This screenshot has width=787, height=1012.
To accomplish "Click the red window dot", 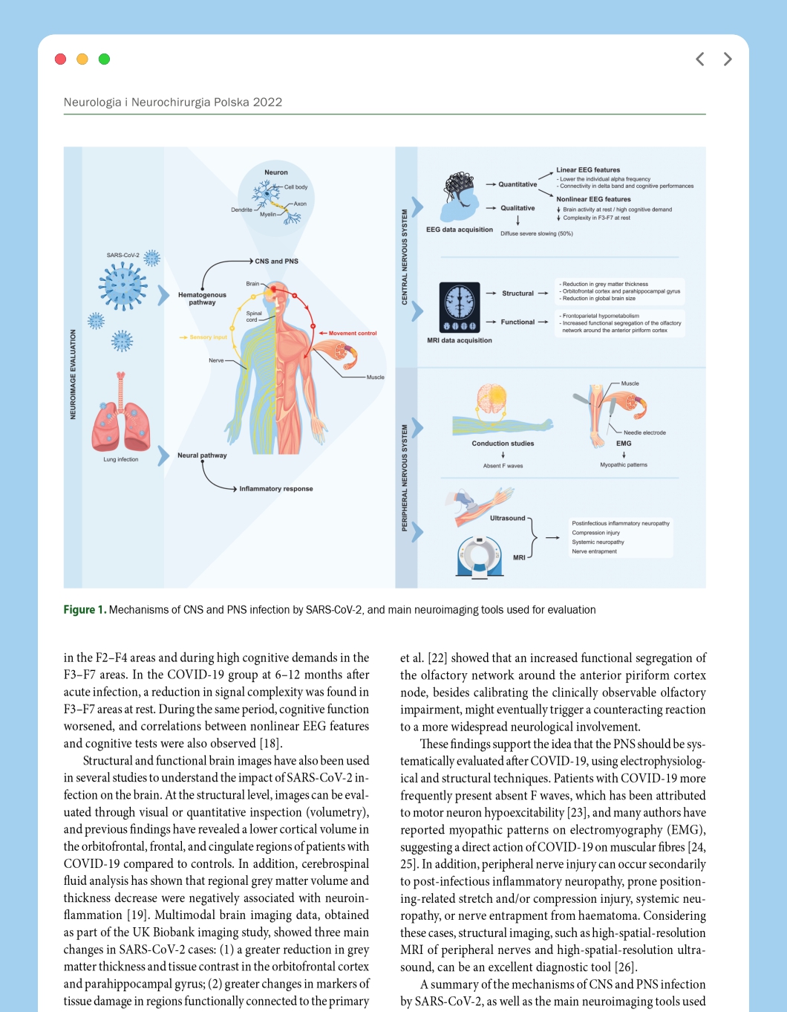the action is point(60,59).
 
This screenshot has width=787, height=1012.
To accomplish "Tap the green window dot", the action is point(104,59).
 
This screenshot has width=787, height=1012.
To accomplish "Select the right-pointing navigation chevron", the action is point(728,59).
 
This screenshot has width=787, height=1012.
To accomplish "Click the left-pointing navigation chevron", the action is point(699,59).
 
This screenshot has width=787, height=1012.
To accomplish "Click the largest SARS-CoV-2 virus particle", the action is point(123,286).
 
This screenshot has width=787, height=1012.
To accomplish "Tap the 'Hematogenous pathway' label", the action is point(202,299).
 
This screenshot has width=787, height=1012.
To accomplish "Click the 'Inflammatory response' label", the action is point(276,488).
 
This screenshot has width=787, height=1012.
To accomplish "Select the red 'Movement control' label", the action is point(353,333).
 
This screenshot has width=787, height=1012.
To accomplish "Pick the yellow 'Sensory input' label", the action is point(208,337).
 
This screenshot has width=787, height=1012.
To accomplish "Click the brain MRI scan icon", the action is point(460,308).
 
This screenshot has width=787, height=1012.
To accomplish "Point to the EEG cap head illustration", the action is point(459,198).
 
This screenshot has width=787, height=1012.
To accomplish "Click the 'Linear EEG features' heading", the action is point(588,170).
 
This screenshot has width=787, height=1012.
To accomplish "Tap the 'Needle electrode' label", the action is point(644,432).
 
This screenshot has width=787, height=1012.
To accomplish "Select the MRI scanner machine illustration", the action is point(479,557).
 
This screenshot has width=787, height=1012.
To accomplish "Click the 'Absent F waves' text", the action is point(503,466).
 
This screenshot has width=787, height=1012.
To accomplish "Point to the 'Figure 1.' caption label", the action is point(85,609).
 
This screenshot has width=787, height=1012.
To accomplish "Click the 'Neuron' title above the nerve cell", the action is point(276,172).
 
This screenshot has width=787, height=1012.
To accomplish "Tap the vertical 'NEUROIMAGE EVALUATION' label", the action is point(73,374).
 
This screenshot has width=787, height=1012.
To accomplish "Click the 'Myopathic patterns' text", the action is point(623,465).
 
